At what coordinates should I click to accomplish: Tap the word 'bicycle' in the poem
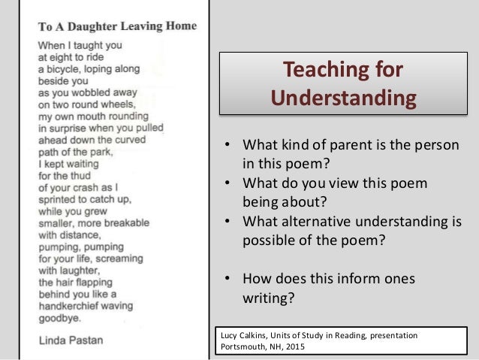[71, 68]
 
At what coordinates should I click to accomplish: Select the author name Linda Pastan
[71, 340]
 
